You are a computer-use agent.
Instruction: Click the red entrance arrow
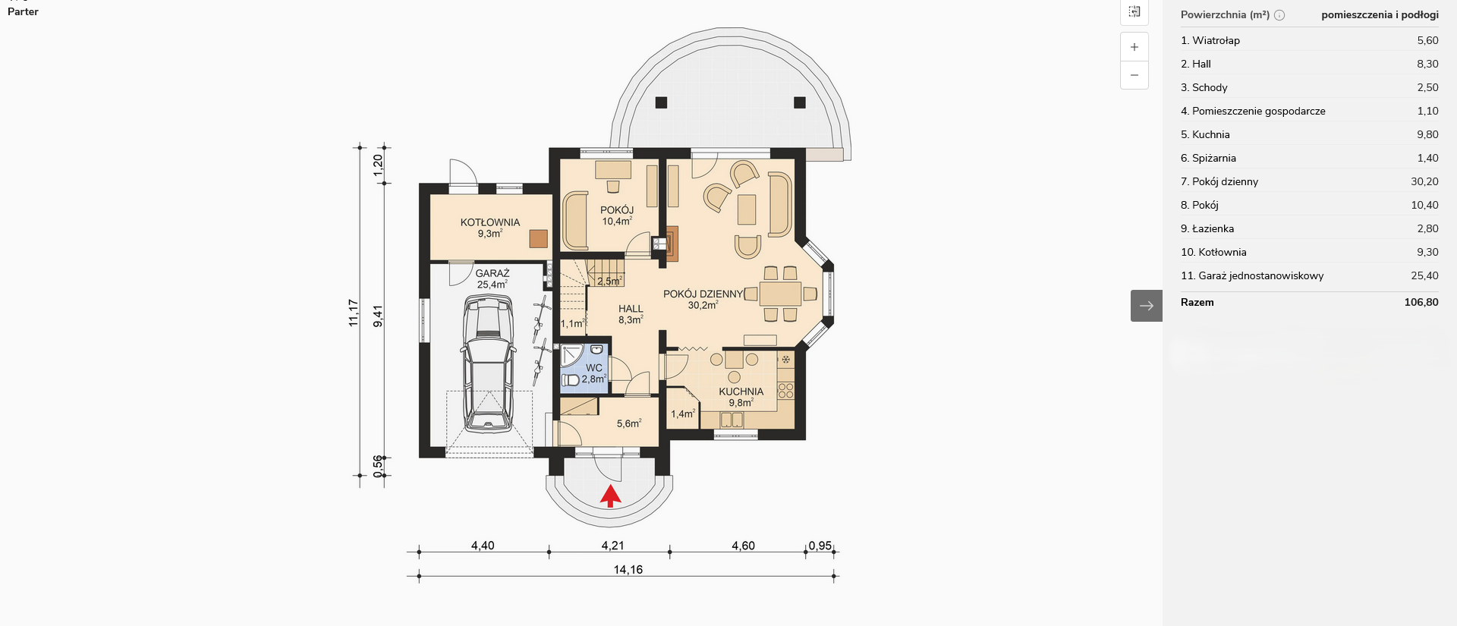611,496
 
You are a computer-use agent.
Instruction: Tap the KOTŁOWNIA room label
490,222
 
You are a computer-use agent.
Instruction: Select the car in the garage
488,364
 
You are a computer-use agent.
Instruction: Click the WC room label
594,367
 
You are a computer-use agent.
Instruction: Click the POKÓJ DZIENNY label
703,294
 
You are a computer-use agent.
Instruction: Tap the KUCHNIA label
741,392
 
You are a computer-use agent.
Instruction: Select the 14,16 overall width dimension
628,569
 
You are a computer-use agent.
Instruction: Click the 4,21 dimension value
612,546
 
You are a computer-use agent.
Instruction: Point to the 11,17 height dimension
354,313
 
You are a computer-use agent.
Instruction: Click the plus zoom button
1134,47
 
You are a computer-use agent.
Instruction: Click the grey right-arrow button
1147,306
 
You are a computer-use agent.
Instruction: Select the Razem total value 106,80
1421,302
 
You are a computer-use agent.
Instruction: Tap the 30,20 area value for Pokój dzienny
1424,181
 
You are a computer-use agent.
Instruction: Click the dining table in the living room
780,294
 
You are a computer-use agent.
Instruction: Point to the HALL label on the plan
631,309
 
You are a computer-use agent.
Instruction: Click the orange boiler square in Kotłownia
539,239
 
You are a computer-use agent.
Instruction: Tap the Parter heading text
23,11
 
